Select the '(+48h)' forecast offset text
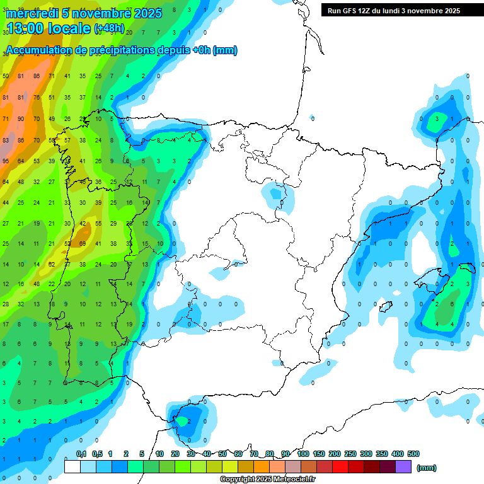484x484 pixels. (x=109, y=29)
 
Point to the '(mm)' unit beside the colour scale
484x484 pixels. (x=427, y=468)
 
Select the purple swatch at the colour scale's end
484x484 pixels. (x=403, y=467)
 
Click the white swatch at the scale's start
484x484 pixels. (x=72, y=467)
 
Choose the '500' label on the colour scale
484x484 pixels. (x=413, y=454)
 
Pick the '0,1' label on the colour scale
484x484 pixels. (x=81, y=454)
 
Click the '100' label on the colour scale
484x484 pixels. (x=303, y=454)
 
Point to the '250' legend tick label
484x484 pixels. (x=350, y=454)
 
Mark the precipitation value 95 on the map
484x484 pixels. (x=6, y=161)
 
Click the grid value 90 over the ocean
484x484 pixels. (x=21, y=118)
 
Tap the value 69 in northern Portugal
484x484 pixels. (x=83, y=244)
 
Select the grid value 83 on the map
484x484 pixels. (x=6, y=140)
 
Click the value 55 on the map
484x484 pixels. (x=98, y=224)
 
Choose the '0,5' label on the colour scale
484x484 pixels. (x=97, y=454)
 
